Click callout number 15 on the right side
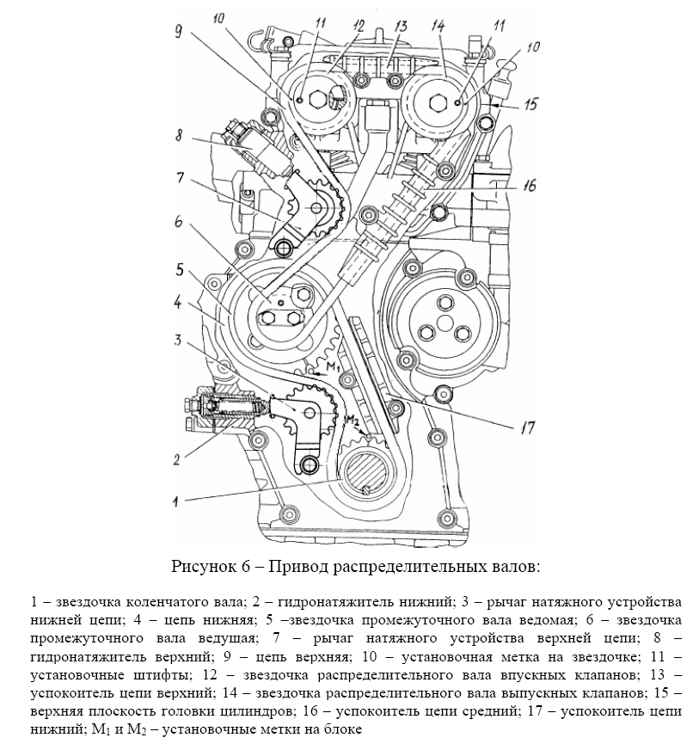tap(530, 103)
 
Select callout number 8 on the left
tap(179, 135)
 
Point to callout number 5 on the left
tap(179, 268)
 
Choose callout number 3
tap(179, 341)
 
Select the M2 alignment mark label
tap(352, 420)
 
